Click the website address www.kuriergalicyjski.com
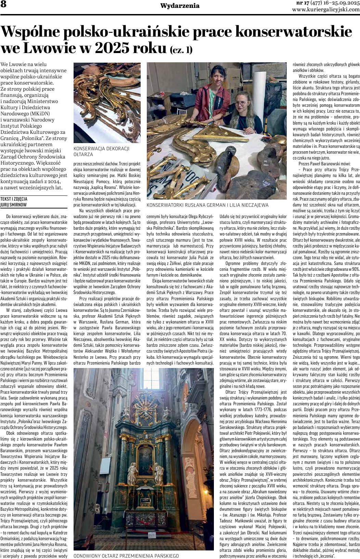[326, 10]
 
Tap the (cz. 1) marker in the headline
[181, 50]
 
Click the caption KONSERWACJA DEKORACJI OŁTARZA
[102, 151]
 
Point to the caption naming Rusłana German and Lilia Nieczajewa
[207, 205]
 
